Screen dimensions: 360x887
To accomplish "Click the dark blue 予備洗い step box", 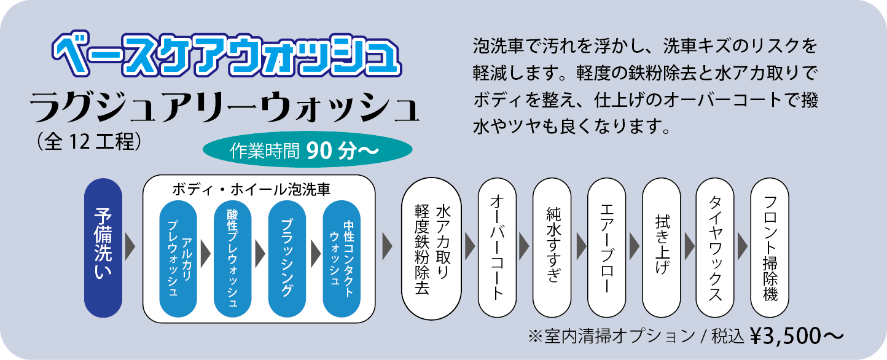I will click(x=103, y=248).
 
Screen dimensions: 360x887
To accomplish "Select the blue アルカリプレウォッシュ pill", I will click(x=178, y=257).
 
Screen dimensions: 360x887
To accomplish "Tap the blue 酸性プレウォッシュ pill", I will click(x=233, y=257).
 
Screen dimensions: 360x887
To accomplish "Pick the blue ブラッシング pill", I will click(x=287, y=257).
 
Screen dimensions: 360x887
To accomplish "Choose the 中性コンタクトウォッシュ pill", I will click(x=342, y=257).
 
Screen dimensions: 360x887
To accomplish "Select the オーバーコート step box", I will click(x=497, y=248).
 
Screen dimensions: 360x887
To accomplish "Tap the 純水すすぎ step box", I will click(x=552, y=248).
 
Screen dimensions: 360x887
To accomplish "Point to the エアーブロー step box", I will click(x=606, y=248).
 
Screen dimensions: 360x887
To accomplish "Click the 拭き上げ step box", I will click(x=661, y=248).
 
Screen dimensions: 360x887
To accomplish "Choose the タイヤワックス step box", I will click(x=715, y=248).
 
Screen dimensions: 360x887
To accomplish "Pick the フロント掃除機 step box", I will click(x=770, y=248).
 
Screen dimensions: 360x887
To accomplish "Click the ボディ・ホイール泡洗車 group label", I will click(x=259, y=188).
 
